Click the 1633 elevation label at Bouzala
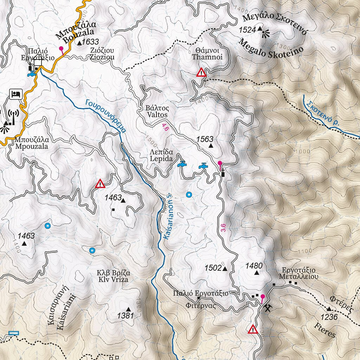(90, 42)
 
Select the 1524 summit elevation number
(247, 30)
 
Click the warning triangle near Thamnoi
(201, 72)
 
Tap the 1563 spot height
(205, 139)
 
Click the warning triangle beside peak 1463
(100, 184)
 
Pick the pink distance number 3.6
(223, 227)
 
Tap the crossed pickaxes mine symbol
(268, 308)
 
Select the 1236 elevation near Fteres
(329, 317)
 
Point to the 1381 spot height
(126, 315)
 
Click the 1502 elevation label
(213, 268)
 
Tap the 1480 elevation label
(254, 266)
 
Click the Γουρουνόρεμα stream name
(105, 116)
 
